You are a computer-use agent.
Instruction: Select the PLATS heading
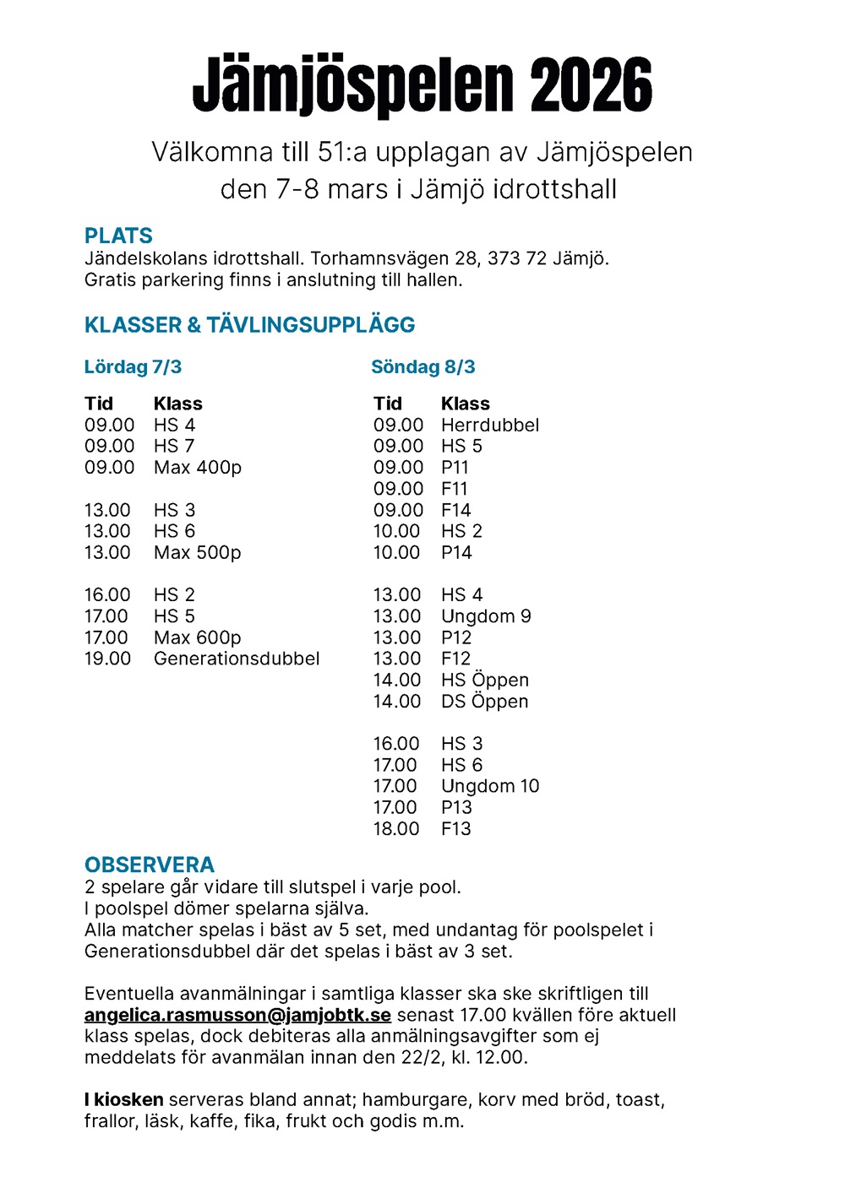[x=118, y=236]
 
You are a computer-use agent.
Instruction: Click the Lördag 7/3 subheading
[x=133, y=367]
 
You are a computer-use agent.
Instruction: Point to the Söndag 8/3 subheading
[x=422, y=367]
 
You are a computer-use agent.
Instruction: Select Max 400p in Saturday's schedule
[x=198, y=468]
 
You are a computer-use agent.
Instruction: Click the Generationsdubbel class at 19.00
[x=237, y=659]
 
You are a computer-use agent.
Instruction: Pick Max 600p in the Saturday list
[x=198, y=637]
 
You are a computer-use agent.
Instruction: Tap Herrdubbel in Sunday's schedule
[x=490, y=425]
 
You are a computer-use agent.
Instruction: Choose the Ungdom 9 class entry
[x=486, y=616]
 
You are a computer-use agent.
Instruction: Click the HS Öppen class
[x=485, y=680]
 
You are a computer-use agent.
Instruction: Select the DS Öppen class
[x=485, y=702]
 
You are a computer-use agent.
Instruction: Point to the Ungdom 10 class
[x=490, y=786]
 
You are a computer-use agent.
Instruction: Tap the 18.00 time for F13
[x=396, y=829]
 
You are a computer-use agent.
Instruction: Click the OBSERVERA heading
[x=150, y=865]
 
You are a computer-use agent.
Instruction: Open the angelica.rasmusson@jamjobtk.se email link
[x=237, y=1015]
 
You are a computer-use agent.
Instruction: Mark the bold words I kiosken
[x=123, y=1099]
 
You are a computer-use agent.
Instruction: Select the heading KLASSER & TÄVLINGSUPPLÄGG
[x=249, y=325]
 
